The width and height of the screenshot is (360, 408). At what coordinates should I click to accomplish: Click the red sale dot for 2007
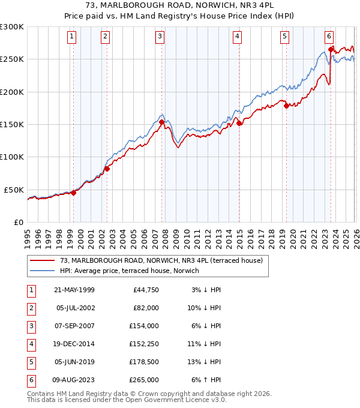[x=162, y=122]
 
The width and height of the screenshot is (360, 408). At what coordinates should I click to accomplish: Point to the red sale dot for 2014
[x=239, y=123]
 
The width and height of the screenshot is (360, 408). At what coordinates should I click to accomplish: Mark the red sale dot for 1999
[x=74, y=193]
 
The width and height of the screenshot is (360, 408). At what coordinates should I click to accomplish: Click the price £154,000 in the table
[x=144, y=326]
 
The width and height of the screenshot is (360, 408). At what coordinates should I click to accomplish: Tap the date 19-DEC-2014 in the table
[x=74, y=344]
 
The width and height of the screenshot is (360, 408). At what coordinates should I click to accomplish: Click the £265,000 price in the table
[x=144, y=380]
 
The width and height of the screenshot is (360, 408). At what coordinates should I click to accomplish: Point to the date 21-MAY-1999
[x=74, y=290]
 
